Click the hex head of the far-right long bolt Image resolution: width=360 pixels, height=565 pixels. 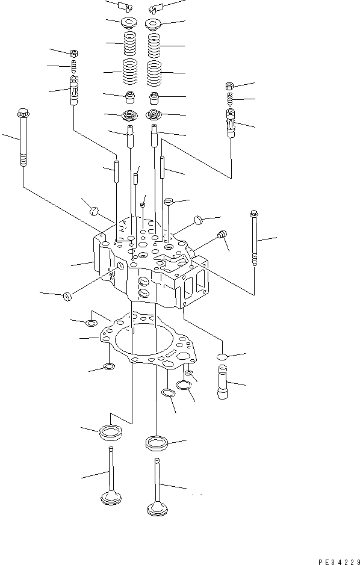coord(253,214)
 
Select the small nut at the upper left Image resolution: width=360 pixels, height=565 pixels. coord(73,54)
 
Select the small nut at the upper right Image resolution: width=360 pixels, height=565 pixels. coord(229,86)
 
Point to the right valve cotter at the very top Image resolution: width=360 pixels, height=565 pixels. coord(155,7)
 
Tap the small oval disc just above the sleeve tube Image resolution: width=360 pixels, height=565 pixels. coord(222,357)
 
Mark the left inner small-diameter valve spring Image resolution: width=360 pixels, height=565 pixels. coord(129,45)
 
